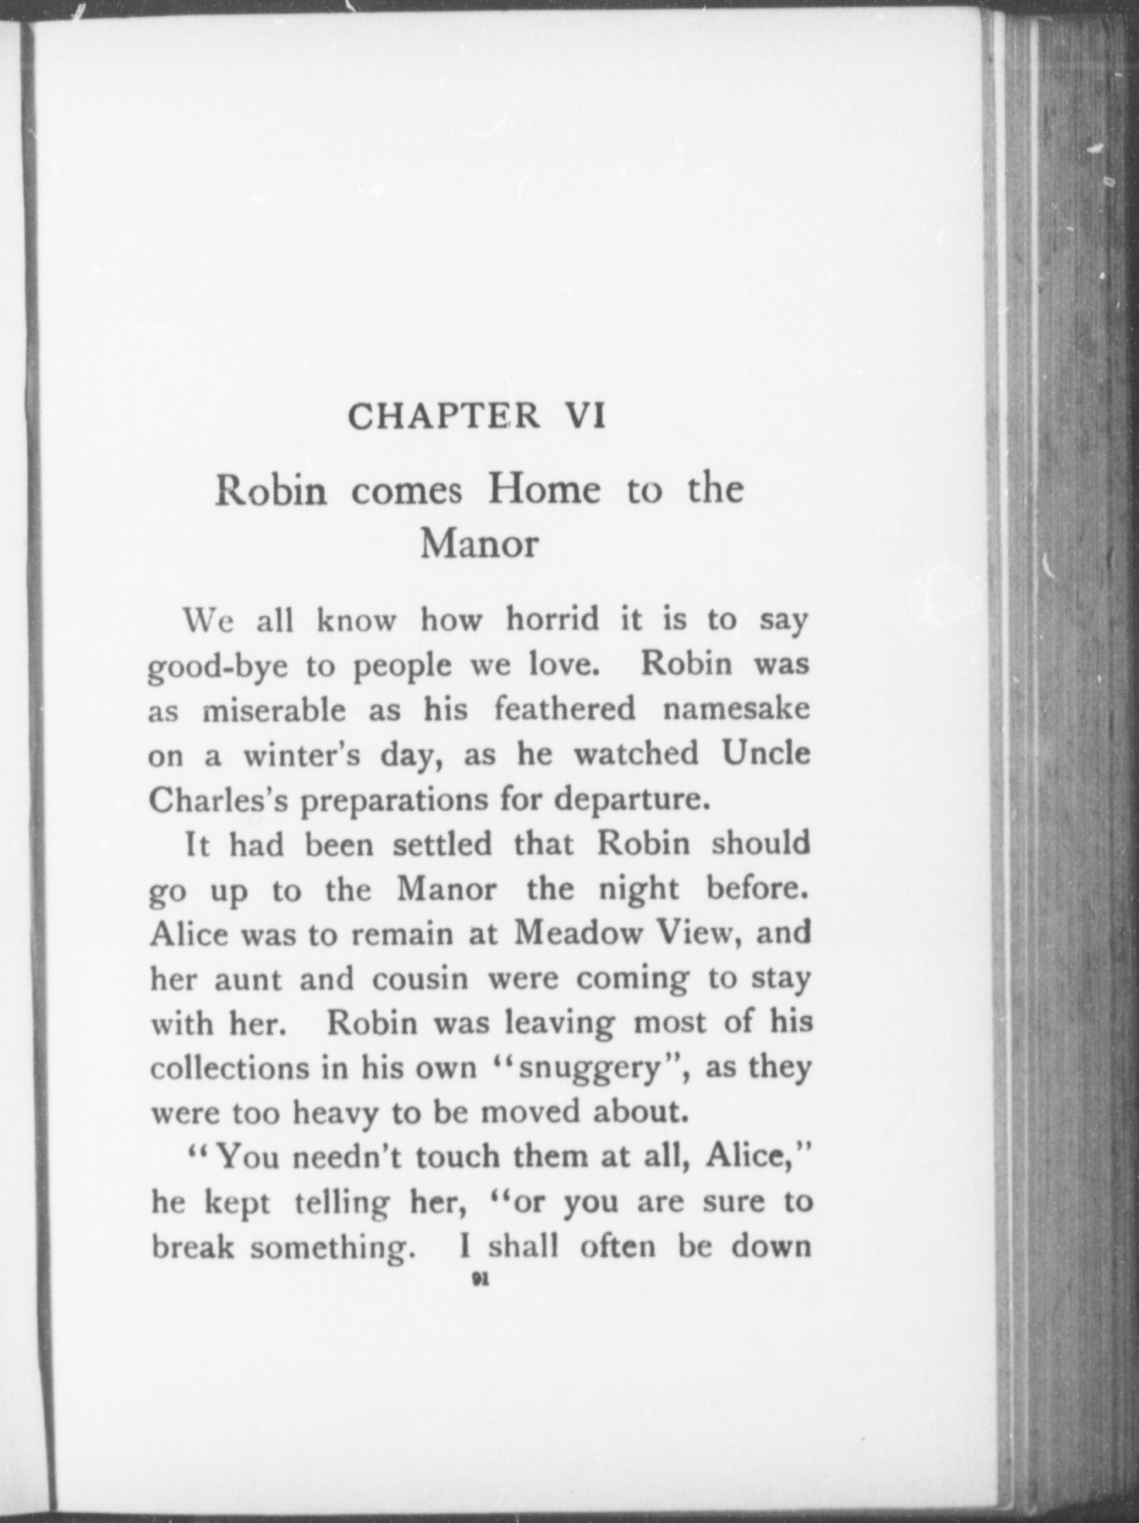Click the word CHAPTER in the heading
pos(443,416)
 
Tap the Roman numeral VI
pos(585,416)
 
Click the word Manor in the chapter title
pos(478,543)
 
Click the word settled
pos(442,844)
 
